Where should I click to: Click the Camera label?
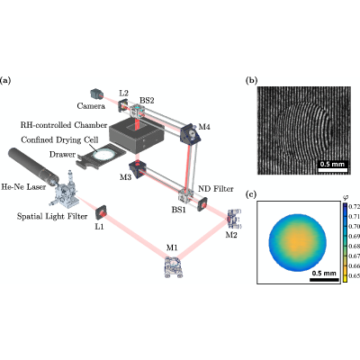tap(91, 106)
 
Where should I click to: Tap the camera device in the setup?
tap(96, 94)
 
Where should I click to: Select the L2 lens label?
tap(123, 93)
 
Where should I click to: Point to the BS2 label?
tap(147, 100)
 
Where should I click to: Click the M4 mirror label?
tap(204, 127)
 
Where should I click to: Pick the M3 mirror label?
tap(126, 177)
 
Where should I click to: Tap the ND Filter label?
tap(216, 189)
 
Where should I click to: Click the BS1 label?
tap(179, 210)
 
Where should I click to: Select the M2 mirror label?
tap(231, 235)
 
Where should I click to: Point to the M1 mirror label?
tap(172, 247)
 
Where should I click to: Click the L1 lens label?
tap(99, 227)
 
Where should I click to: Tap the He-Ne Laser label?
tap(23, 187)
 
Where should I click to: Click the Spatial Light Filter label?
tap(52, 216)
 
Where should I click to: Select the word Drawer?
tap(62, 155)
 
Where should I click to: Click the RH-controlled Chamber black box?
tap(137, 134)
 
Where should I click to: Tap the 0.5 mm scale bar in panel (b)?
tap(333, 170)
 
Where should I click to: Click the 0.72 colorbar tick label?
tap(355, 206)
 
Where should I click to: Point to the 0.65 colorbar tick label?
tap(355, 275)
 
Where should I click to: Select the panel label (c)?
tap(251, 194)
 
